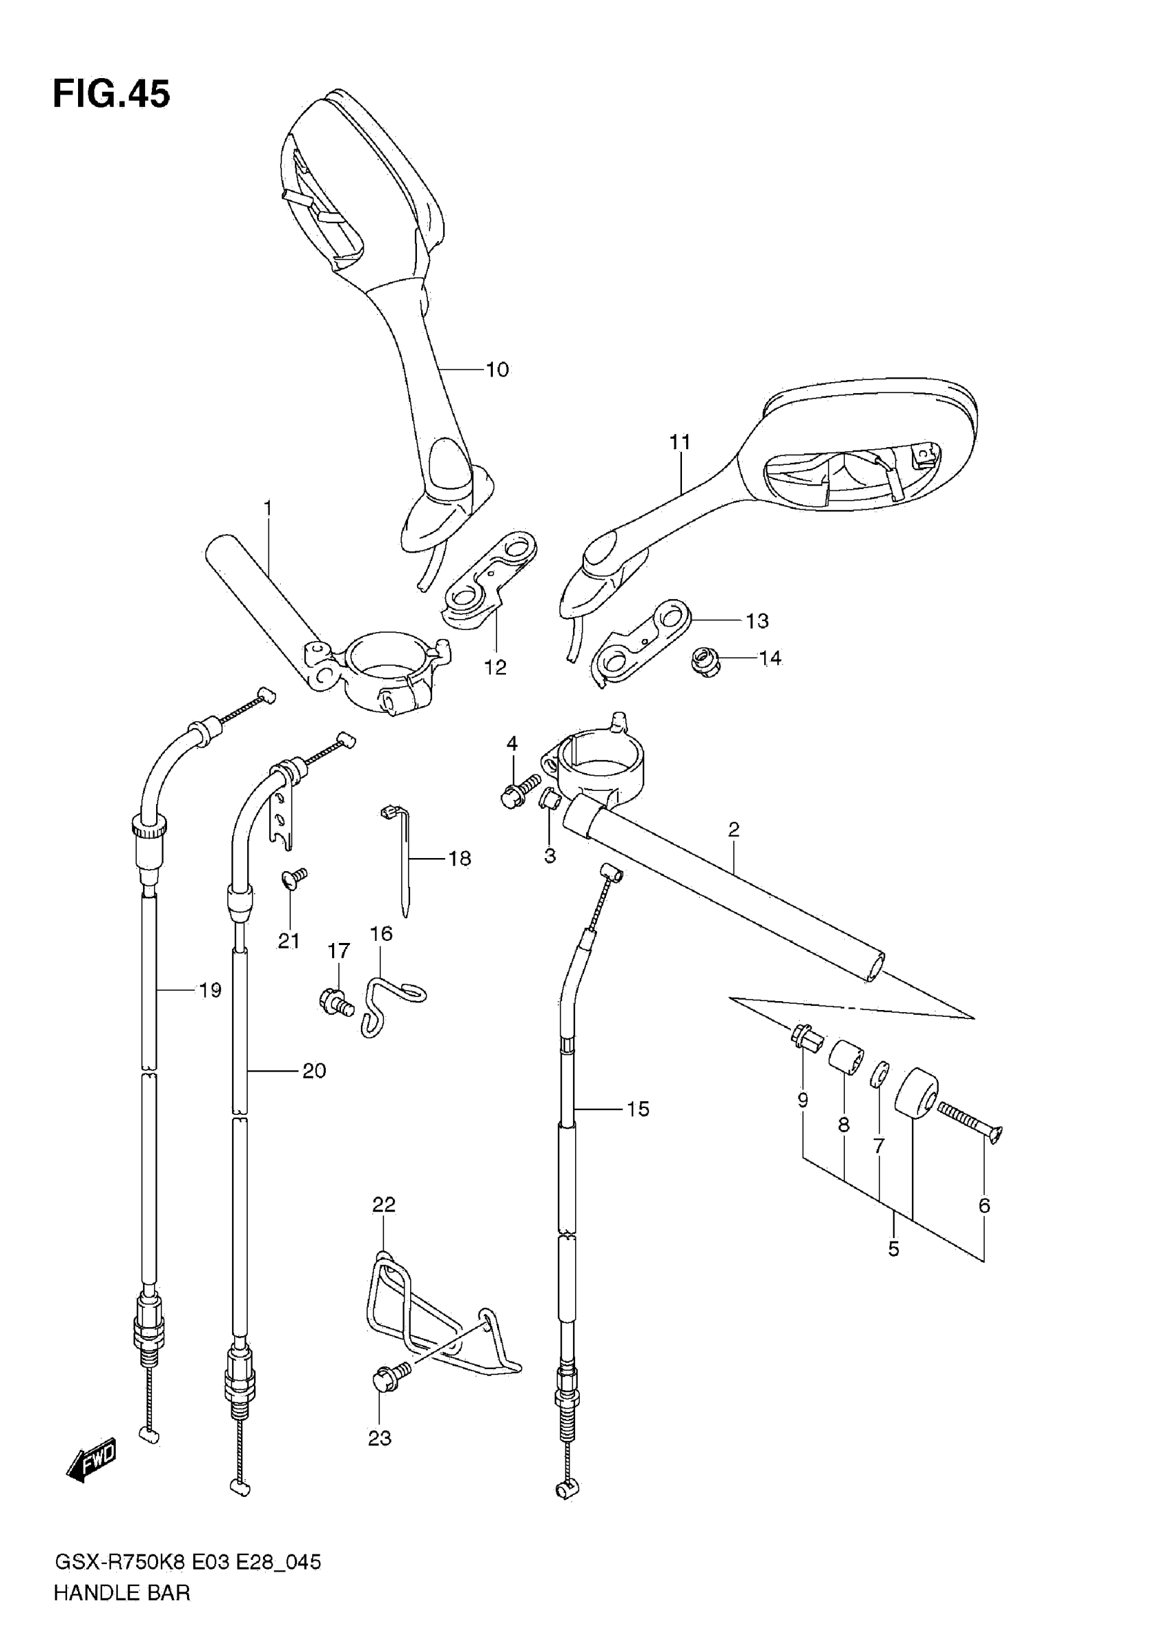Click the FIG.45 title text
112,94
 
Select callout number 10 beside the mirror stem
497,370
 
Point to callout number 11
679,442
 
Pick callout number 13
757,620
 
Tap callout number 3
549,855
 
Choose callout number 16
381,933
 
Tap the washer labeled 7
879,1075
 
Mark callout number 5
894,1248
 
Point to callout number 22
383,1205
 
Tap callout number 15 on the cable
637,1109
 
